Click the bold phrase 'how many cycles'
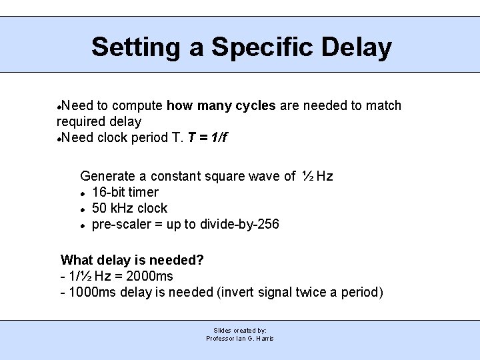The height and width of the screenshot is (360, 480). pos(221,106)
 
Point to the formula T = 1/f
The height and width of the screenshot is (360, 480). pos(208,138)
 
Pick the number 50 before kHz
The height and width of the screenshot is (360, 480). pos(99,209)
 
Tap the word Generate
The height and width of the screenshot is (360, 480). pos(108,177)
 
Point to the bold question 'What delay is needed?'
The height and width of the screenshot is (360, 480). pos(132,260)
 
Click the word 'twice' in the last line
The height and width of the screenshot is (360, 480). pos(323,293)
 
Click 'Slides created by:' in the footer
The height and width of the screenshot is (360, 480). pos(240,330)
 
